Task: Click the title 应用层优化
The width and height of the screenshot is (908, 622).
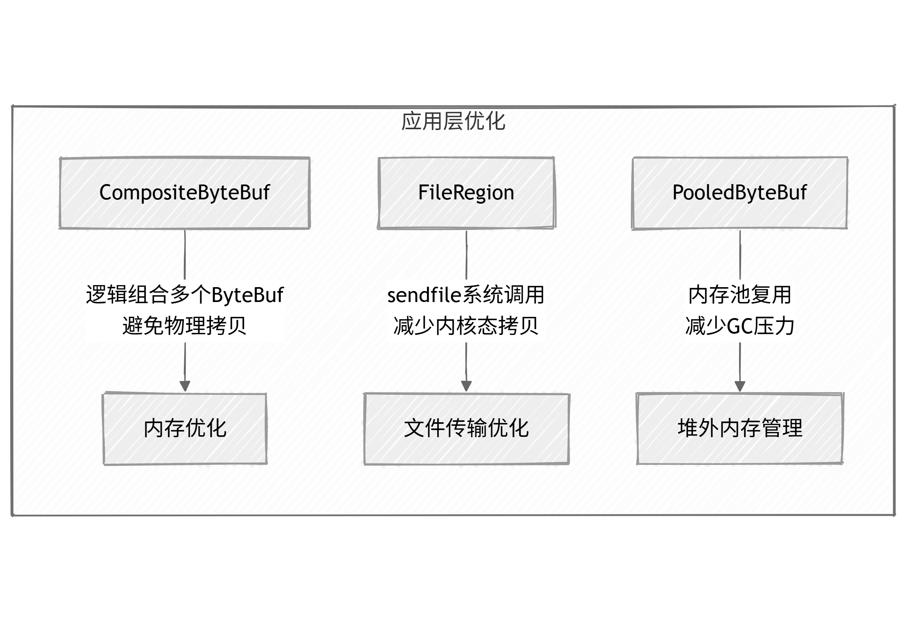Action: tap(453, 121)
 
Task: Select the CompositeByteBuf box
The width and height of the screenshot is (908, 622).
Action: tap(184, 193)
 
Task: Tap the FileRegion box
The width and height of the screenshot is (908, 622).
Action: tap(466, 193)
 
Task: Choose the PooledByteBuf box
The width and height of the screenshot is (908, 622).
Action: tap(739, 193)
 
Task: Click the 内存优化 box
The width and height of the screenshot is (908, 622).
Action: tap(185, 429)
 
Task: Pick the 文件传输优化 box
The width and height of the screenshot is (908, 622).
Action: tap(466, 429)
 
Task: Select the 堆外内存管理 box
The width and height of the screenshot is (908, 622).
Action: tap(740, 428)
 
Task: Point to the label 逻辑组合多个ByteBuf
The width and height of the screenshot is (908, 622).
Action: tap(185, 295)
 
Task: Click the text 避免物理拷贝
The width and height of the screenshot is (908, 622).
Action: tap(185, 326)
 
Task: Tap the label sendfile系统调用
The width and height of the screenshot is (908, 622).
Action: tap(466, 295)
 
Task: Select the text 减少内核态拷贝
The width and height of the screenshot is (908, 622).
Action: tap(466, 326)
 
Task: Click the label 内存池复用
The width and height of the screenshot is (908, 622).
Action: tap(740, 295)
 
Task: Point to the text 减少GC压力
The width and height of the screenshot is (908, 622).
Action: tap(740, 326)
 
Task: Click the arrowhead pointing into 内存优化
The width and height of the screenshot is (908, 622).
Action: tap(185, 386)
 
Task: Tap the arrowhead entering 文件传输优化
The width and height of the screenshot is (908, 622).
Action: tap(466, 386)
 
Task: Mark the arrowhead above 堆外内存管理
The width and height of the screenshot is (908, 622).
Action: tap(740, 386)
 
